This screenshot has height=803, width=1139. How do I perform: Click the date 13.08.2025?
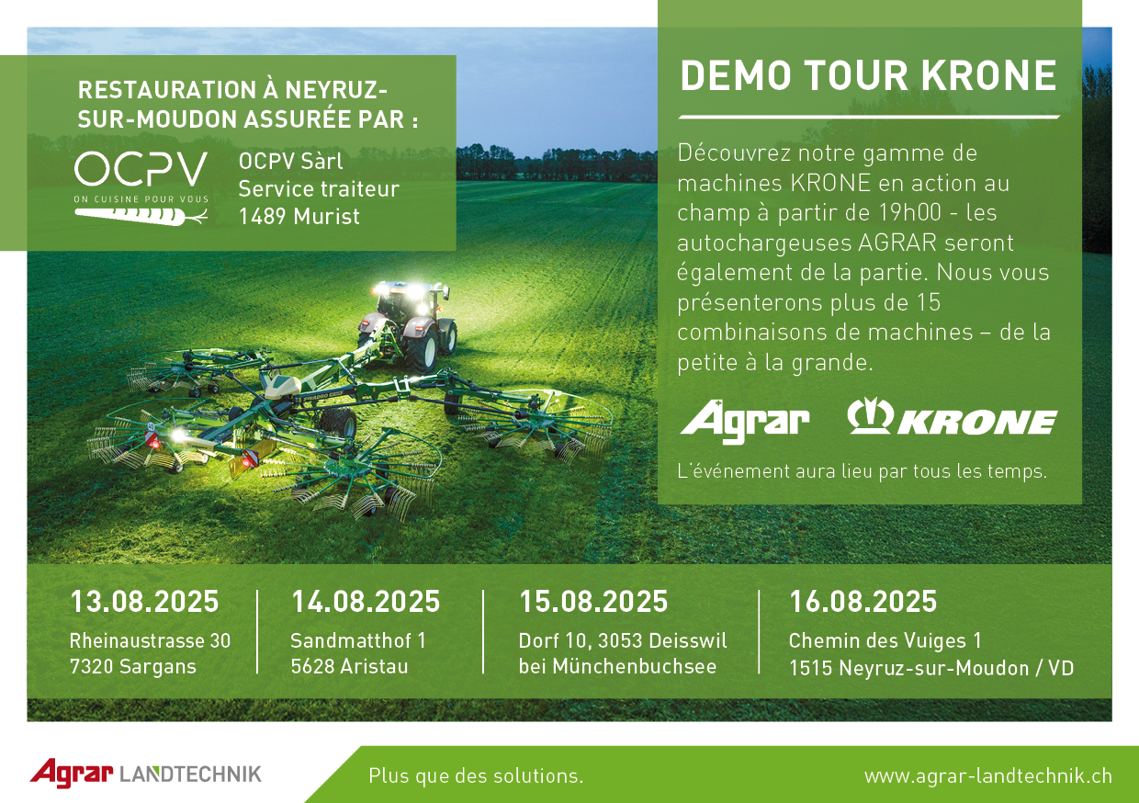(x=144, y=602)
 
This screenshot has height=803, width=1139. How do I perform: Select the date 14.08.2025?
(x=366, y=602)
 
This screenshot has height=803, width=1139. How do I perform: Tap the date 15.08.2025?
(x=593, y=602)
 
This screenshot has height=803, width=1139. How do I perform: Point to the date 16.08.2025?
(x=863, y=602)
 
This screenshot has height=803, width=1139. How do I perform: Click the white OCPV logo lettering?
(x=141, y=169)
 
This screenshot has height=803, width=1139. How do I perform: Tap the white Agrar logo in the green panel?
(x=745, y=422)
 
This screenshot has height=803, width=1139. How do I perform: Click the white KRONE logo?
(x=952, y=416)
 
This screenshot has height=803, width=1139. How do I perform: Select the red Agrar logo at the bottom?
(x=72, y=773)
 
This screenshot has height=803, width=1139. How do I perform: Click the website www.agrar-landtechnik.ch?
(x=988, y=776)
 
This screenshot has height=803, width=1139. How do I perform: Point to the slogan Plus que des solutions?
(x=476, y=776)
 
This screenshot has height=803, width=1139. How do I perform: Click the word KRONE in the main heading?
(x=989, y=75)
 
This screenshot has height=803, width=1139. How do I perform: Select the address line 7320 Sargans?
(x=132, y=667)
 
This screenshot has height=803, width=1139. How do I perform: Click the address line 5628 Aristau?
(x=349, y=666)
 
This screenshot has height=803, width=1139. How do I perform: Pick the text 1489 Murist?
(x=299, y=217)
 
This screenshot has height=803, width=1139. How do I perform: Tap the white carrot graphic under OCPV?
(x=141, y=217)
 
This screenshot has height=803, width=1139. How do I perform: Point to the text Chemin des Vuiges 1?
(x=885, y=641)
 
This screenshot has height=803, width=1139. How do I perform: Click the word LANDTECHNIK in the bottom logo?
(x=191, y=775)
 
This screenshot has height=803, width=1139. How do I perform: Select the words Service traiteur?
(x=319, y=189)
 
